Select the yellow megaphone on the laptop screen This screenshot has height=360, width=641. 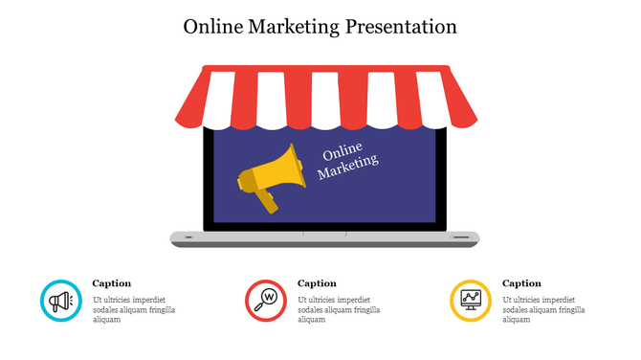tap(273, 172)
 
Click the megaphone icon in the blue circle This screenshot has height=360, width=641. tap(61, 301)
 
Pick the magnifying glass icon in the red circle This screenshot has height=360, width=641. tap(266, 301)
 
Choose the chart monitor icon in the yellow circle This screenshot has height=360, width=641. tap(471, 301)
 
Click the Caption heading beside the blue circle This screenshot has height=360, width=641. tap(112, 283)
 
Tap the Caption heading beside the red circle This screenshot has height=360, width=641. tap(317, 283)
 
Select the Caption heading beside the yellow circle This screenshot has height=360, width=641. tap(521, 283)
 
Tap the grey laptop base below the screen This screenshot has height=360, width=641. tap(324, 237)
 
